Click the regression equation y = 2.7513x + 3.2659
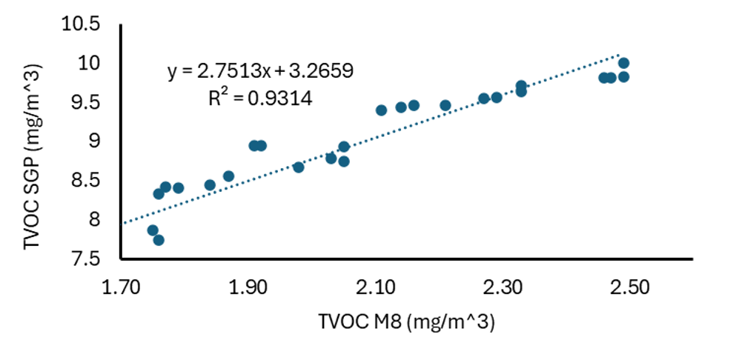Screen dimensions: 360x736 click(x=259, y=71)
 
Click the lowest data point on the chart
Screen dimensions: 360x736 click(x=159, y=240)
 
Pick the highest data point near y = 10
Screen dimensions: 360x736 click(x=624, y=63)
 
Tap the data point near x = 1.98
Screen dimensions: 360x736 click(x=299, y=167)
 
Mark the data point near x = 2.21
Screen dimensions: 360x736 click(x=445, y=105)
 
